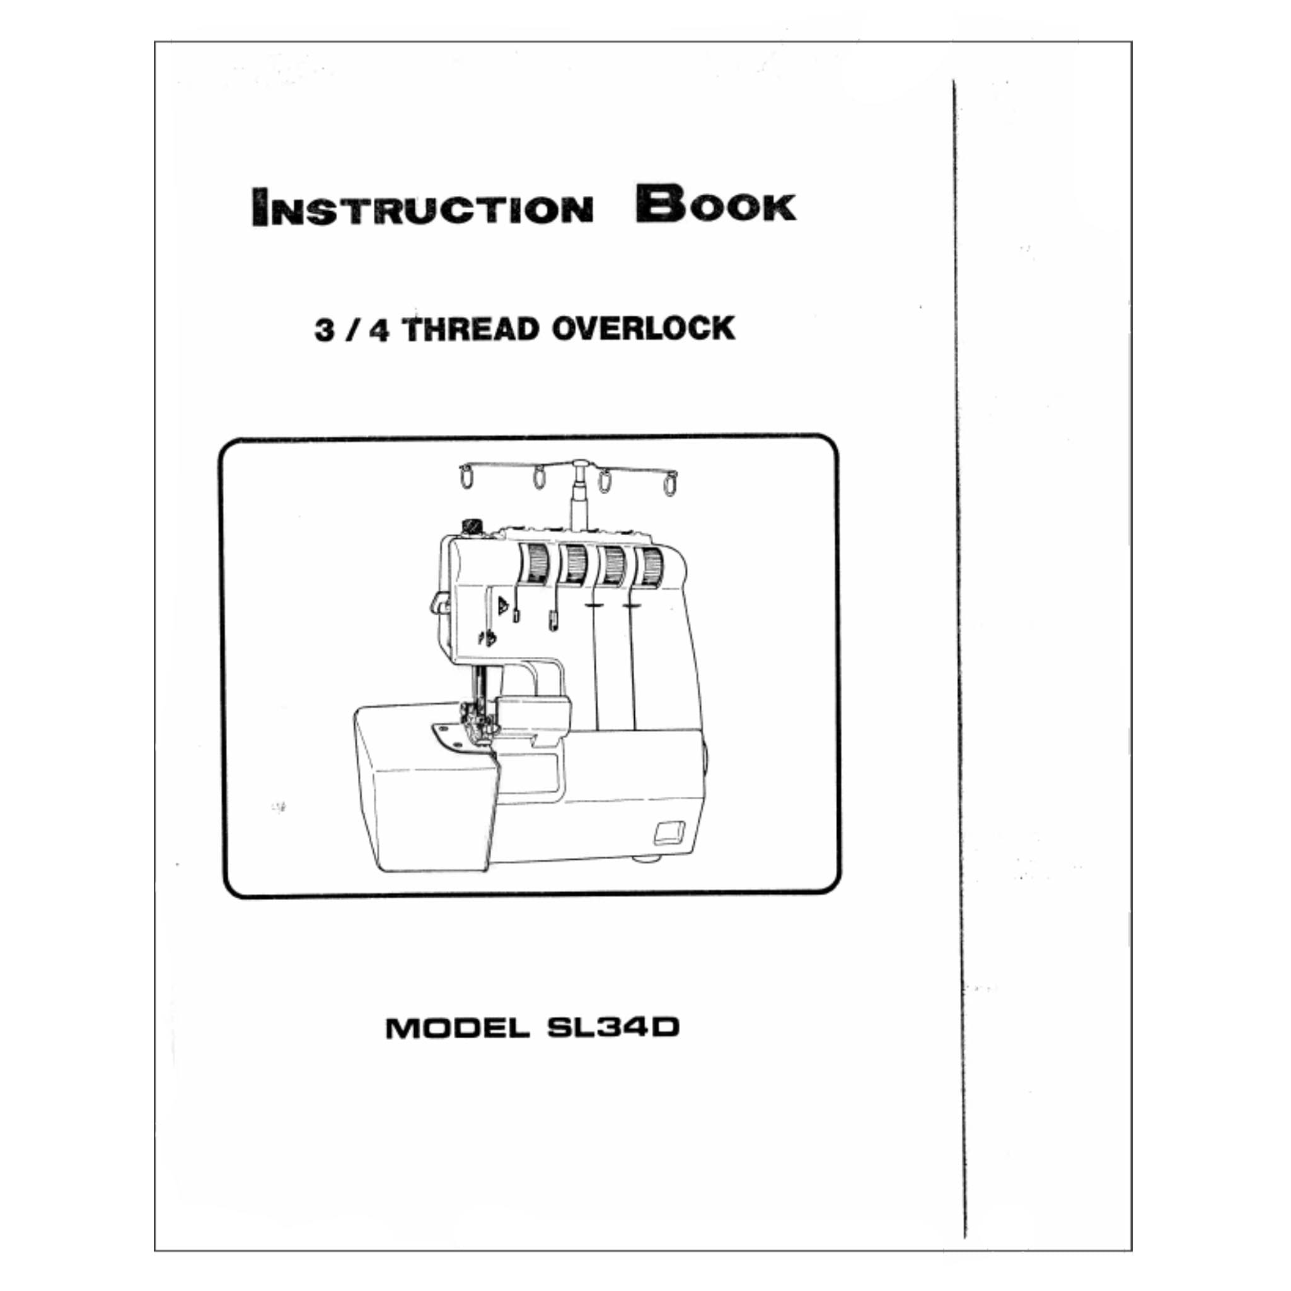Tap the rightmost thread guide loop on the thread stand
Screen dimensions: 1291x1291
(669, 483)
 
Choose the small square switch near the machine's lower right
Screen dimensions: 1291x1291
(669, 830)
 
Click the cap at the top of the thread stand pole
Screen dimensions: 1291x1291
(580, 463)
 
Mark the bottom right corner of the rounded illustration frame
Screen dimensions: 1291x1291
(839, 894)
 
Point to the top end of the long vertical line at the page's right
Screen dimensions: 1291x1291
(954, 81)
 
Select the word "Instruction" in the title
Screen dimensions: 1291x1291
(422, 207)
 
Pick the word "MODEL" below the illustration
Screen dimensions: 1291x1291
(458, 1028)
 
